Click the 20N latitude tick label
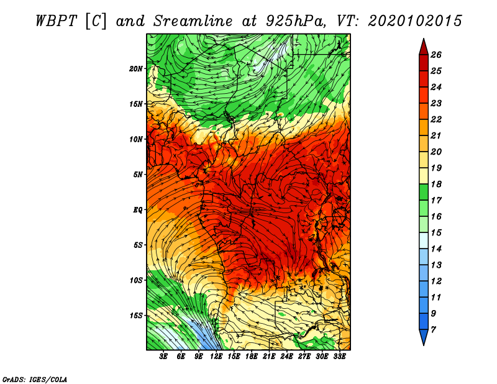point(136,69)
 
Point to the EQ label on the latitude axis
point(138,210)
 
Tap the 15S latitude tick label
point(136,316)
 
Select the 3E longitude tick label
point(163,357)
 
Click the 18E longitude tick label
point(252,357)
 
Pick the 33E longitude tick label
point(339,357)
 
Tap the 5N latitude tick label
point(138,175)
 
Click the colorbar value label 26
point(436,55)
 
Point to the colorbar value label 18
point(436,185)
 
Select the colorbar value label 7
point(433,330)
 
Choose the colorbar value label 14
point(436,249)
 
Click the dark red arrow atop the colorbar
point(424,47)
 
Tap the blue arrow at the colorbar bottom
point(424,337)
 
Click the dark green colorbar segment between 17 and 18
point(424,193)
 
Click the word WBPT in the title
point(56,21)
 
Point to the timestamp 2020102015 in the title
point(415,21)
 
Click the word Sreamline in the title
point(193,21)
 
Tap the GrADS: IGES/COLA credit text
point(35,380)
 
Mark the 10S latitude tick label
point(136,281)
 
